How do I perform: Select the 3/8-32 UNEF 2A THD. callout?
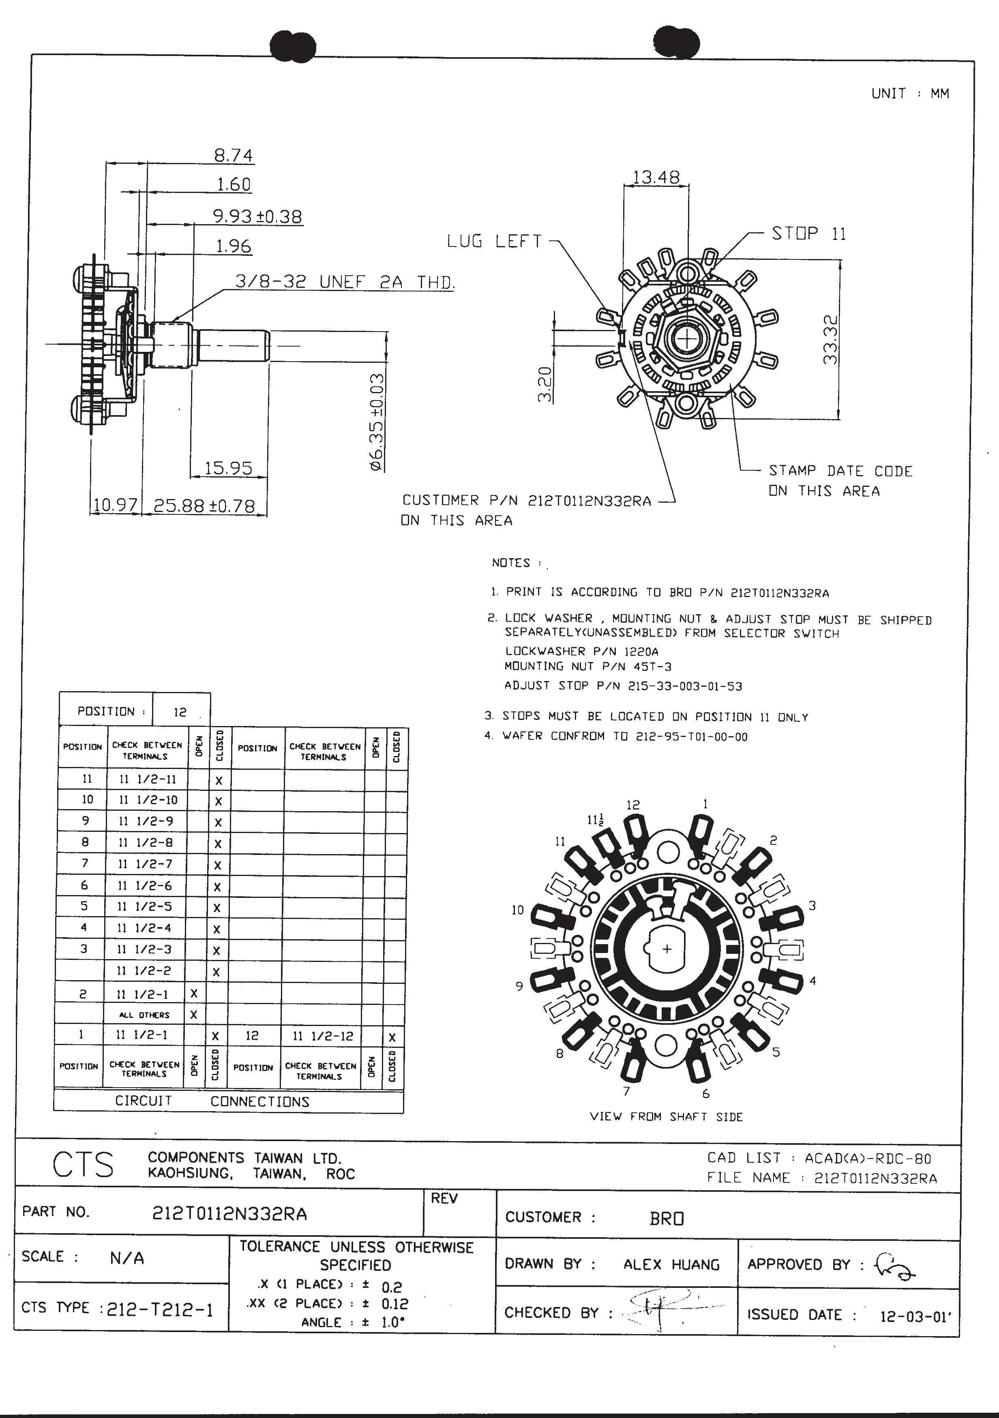345,282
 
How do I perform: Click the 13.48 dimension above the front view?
656,178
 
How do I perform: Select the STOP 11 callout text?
808,233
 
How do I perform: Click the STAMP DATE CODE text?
840,471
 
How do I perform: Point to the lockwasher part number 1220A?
642,651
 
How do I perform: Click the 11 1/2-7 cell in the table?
145,864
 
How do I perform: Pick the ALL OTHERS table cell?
145,1015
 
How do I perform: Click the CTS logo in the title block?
83,1166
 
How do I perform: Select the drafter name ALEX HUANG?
671,1265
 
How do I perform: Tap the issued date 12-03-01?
914,1317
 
